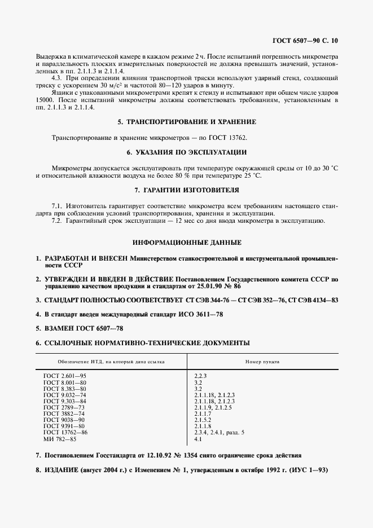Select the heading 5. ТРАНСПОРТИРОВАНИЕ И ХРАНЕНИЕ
(x=187, y=122)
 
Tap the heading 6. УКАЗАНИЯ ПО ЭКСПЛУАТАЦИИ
(x=187, y=153)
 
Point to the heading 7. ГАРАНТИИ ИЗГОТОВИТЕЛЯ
(x=187, y=190)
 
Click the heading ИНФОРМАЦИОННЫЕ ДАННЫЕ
(x=187, y=243)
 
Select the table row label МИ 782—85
(x=59, y=438)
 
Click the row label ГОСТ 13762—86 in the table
(x=65, y=432)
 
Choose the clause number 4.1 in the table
(x=198, y=438)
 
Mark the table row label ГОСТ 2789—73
(x=64, y=407)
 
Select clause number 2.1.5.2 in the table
(x=203, y=420)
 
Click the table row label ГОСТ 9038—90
(x=64, y=420)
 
